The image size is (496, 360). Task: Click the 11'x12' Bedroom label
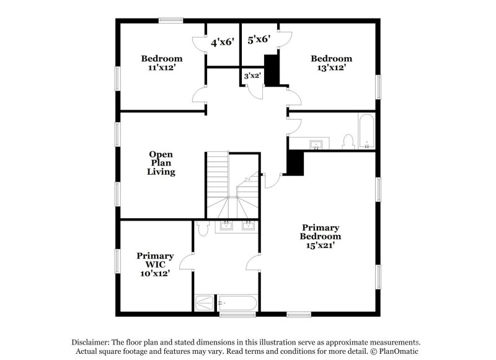click(161, 63)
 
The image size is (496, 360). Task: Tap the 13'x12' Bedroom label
click(331, 63)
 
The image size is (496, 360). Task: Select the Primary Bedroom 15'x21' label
click(321, 236)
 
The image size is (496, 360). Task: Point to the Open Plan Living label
click(161, 163)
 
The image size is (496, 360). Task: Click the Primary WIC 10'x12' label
click(155, 264)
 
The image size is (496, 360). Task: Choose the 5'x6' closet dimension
click(259, 39)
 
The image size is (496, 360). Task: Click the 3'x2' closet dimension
click(252, 76)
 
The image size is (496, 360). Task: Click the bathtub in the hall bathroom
click(366, 132)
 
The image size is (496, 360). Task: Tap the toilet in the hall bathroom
click(348, 141)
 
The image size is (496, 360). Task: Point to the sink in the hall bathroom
click(317, 145)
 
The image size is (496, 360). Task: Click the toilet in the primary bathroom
click(201, 230)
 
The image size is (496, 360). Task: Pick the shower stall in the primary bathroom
click(203, 303)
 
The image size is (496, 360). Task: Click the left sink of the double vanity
click(227, 224)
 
